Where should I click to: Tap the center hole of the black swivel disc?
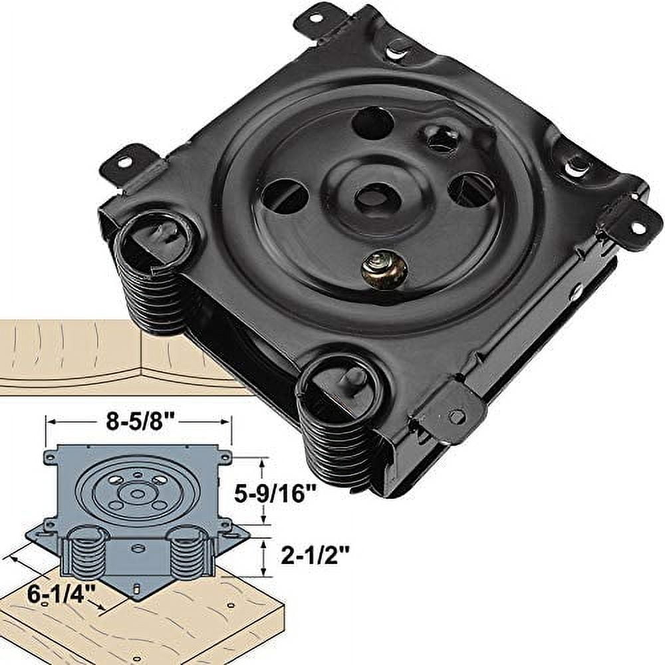tap(372, 198)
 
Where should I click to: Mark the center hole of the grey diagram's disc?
tap(137, 494)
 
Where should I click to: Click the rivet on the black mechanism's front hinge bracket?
tap(456, 416)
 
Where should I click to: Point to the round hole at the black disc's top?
tap(372, 123)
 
